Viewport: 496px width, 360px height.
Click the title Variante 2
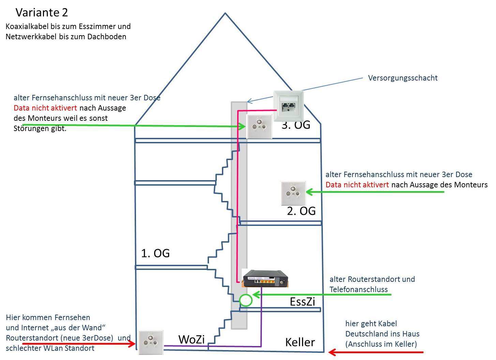(42, 13)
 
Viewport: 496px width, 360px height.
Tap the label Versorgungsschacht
(403, 78)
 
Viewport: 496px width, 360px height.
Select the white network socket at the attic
(288, 106)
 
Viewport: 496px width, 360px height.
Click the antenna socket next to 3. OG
(259, 127)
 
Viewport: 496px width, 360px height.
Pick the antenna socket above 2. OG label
(293, 193)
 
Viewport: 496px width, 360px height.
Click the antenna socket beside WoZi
(151, 342)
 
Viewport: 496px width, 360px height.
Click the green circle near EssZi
(246, 300)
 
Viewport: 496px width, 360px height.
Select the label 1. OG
(155, 253)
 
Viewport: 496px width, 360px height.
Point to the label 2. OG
(301, 211)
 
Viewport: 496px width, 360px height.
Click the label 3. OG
(296, 125)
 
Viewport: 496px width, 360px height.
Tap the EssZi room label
(302, 302)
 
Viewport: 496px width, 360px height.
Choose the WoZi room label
(191, 339)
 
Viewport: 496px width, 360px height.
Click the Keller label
(300, 342)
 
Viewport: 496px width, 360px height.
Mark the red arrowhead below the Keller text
(332, 352)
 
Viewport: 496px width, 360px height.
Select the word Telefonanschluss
(359, 289)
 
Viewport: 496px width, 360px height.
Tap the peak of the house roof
(225, 13)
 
